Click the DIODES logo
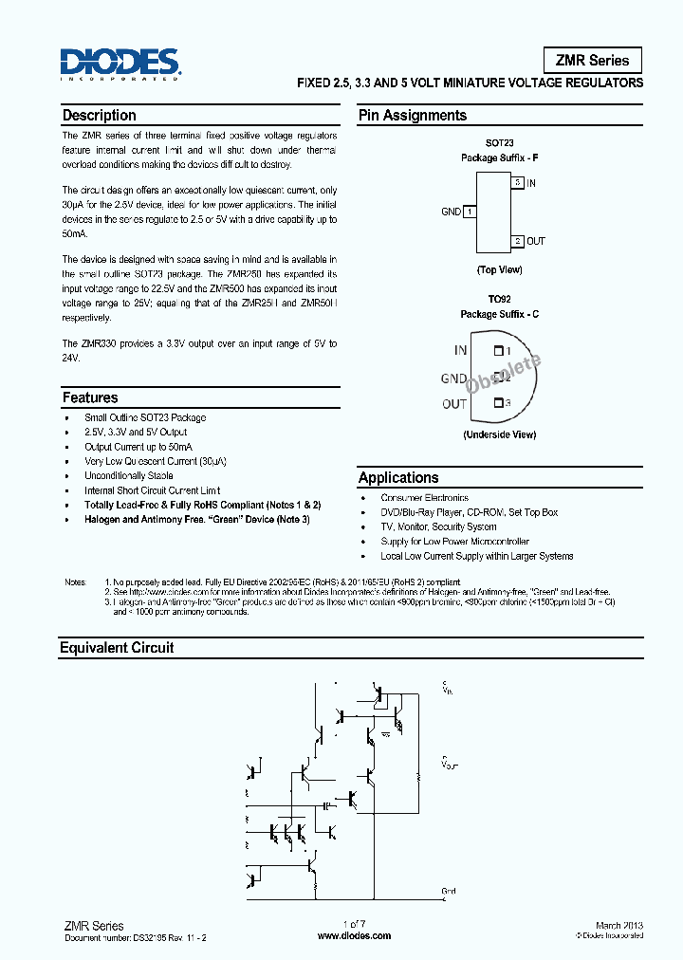(x=120, y=64)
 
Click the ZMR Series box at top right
(x=592, y=60)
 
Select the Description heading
(x=100, y=116)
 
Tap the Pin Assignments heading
(x=413, y=116)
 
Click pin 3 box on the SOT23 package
(x=517, y=182)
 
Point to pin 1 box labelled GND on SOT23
(x=470, y=212)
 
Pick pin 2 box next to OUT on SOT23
(x=518, y=241)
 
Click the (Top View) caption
(x=499, y=270)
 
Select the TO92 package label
(x=499, y=298)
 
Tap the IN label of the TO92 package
(x=460, y=350)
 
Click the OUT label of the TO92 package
(x=454, y=404)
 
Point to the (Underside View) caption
(x=499, y=434)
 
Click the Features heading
(x=90, y=398)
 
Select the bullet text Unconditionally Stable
(x=128, y=475)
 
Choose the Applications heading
(x=398, y=478)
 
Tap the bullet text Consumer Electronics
(x=424, y=498)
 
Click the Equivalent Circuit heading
(x=117, y=648)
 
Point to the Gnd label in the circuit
(x=449, y=891)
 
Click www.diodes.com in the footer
(x=354, y=936)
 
